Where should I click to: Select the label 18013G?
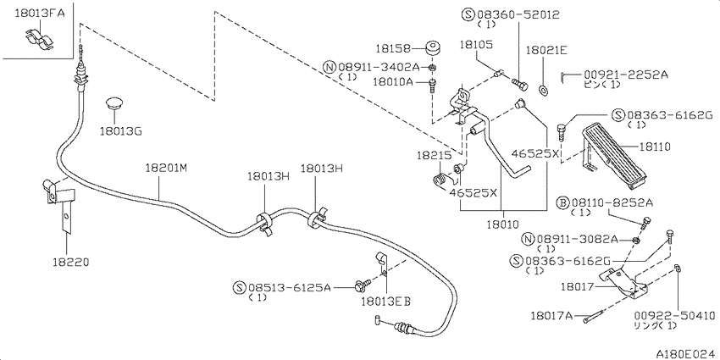120,131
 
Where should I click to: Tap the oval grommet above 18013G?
115,104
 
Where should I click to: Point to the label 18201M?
165,168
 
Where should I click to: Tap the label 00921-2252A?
625,74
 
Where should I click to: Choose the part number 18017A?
552,316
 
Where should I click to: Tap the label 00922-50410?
673,314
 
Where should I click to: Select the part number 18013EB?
385,301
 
